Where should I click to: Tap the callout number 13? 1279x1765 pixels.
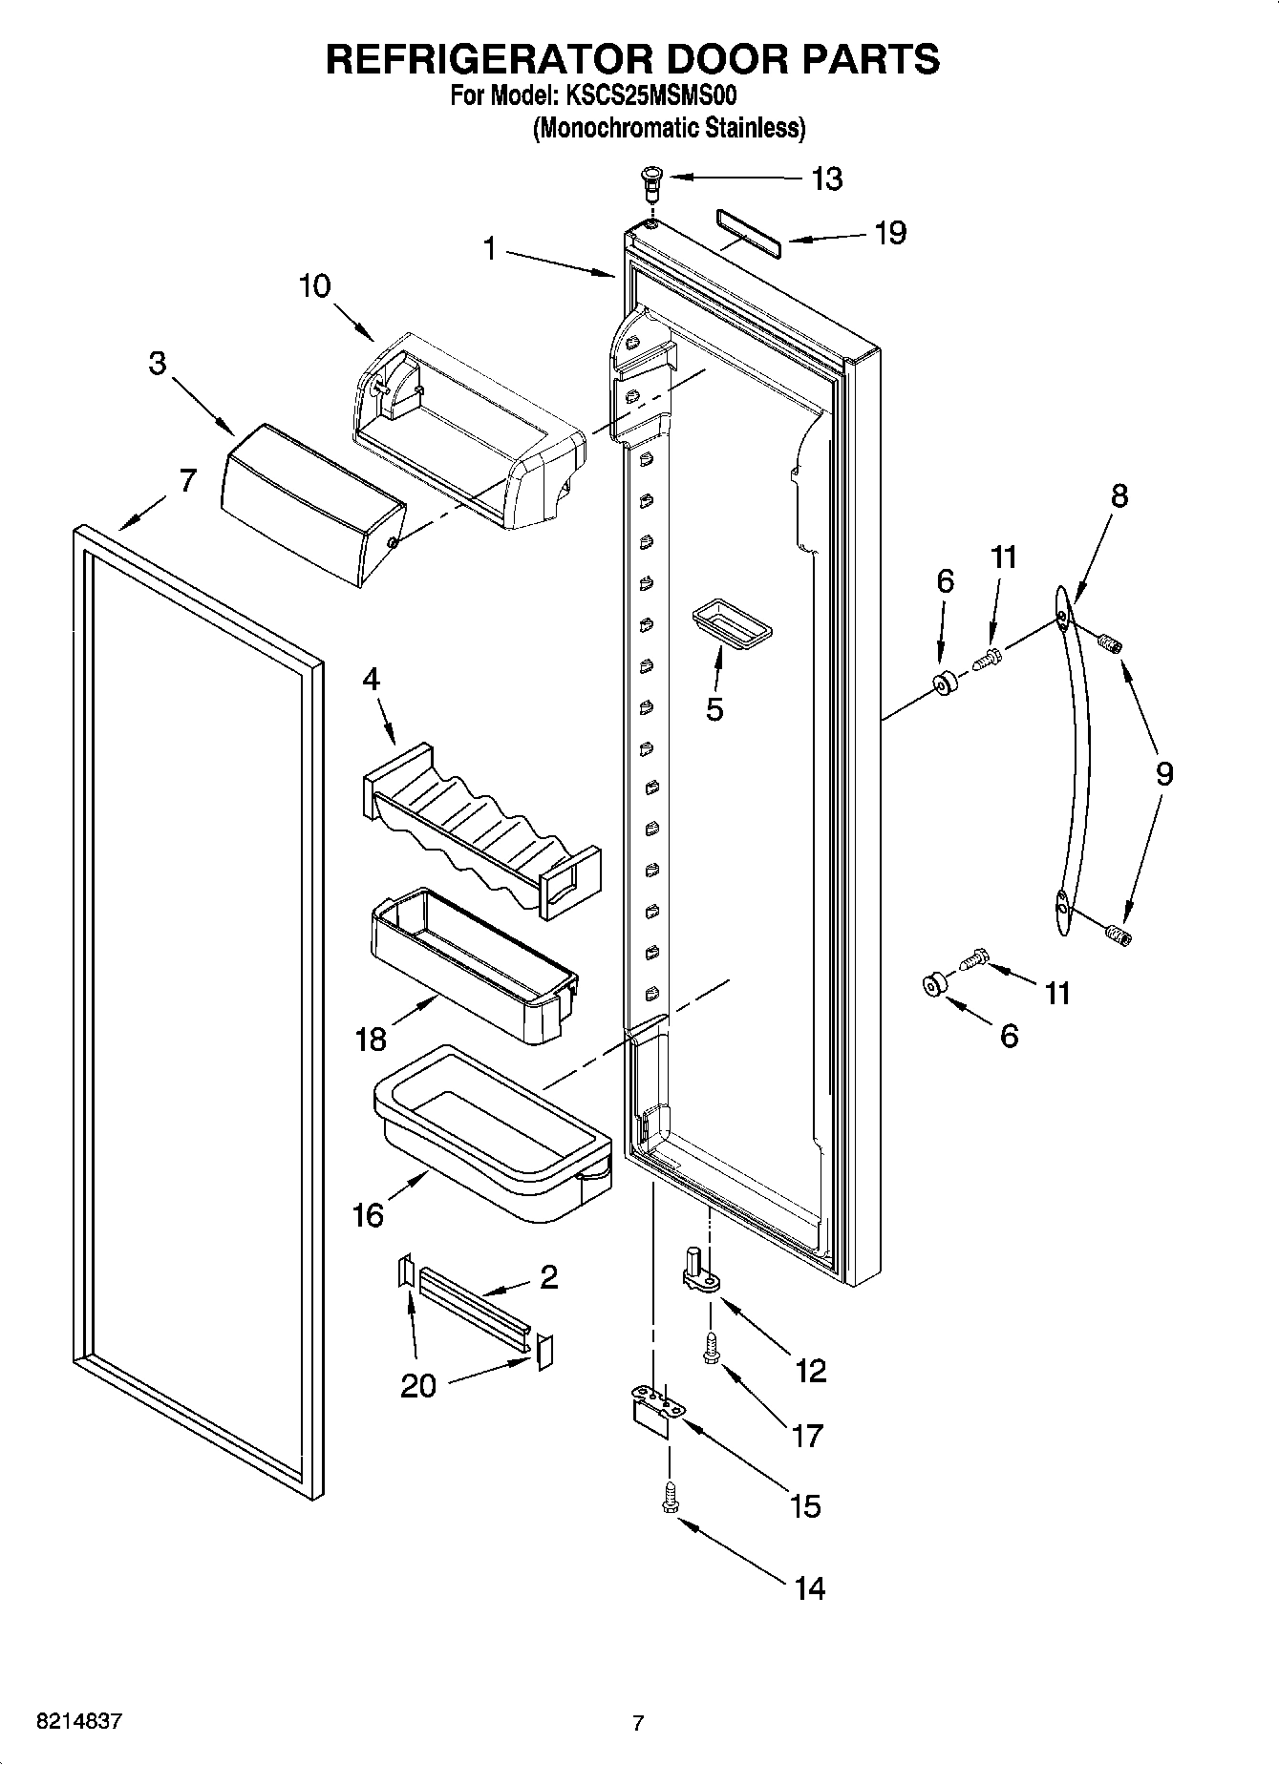(x=826, y=179)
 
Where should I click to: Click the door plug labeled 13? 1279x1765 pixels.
(x=651, y=179)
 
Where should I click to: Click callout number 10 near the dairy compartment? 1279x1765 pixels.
(x=314, y=285)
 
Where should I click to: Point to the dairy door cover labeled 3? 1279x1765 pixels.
(x=310, y=503)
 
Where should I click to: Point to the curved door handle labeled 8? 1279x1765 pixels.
(x=1074, y=764)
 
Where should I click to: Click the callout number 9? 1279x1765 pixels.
(x=1163, y=773)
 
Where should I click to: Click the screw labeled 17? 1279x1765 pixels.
(x=710, y=1348)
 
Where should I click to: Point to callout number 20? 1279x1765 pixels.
(x=418, y=1384)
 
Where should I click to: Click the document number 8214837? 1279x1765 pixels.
(x=78, y=1722)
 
